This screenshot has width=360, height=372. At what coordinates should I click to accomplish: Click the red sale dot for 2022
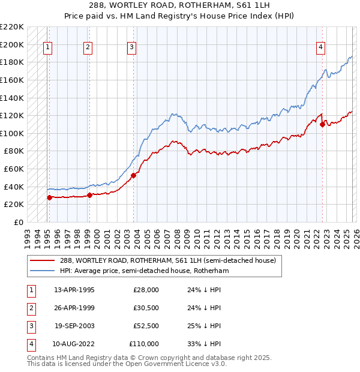[322, 125]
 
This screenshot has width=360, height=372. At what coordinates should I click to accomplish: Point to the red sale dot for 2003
[134, 175]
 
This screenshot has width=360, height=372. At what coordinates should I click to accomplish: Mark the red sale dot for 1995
[49, 197]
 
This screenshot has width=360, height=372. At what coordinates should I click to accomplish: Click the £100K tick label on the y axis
[13, 133]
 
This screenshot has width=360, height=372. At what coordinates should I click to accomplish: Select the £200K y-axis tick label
[13, 44]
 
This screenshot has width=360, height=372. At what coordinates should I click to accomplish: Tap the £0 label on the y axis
[19, 222]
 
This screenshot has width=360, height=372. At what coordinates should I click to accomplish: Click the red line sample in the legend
[43, 260]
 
